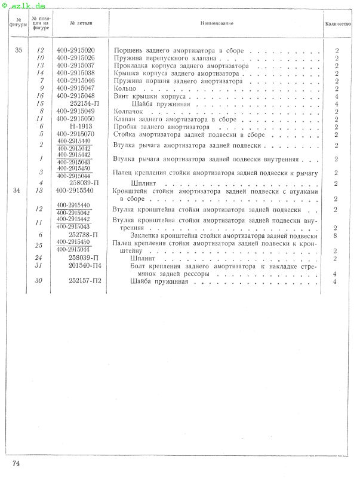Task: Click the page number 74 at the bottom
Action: [17, 463]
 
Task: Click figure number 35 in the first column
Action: [18, 50]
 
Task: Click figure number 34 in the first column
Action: [18, 191]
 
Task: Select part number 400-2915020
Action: [76, 50]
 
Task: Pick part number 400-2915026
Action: [76, 58]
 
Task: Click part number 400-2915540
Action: [76, 191]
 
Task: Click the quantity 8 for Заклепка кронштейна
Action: [337, 236]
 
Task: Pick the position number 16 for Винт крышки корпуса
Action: [41, 96]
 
